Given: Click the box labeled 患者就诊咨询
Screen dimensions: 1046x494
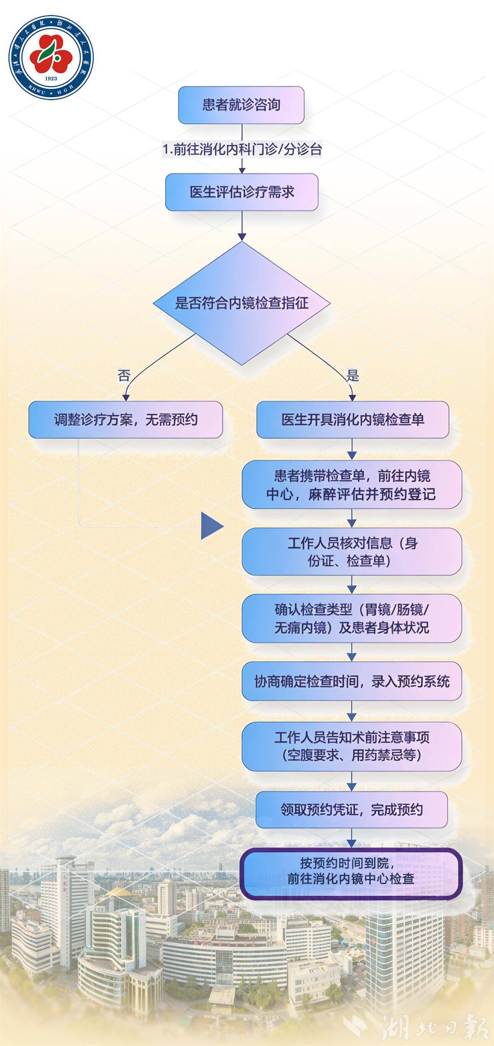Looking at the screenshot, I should tap(241, 105).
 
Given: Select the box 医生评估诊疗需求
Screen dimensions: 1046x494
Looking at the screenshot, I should tap(242, 192).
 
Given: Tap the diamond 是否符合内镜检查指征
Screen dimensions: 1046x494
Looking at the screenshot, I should tap(242, 303).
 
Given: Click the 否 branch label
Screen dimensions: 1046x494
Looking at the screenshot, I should tap(124, 375).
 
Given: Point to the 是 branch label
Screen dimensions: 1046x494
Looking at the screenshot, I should tap(352, 375).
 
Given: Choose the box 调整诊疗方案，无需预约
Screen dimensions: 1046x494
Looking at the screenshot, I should tap(126, 420).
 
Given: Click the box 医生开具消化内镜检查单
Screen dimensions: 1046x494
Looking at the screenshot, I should tap(352, 420).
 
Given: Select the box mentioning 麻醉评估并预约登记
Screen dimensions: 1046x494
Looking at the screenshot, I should tap(352, 485).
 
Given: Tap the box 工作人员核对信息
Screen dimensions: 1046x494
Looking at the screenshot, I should tap(352, 551).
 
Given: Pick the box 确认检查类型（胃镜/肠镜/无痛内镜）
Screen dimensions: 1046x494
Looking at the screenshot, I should tap(352, 618).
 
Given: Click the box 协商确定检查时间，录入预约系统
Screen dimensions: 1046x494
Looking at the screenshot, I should tap(352, 682).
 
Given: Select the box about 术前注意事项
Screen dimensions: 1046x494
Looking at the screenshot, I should tap(352, 746).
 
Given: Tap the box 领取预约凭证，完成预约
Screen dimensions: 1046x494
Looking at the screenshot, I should tap(352, 810).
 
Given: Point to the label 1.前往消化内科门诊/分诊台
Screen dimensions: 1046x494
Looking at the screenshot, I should tap(242, 149).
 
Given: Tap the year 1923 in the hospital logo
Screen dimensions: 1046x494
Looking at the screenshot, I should tap(51, 78).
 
